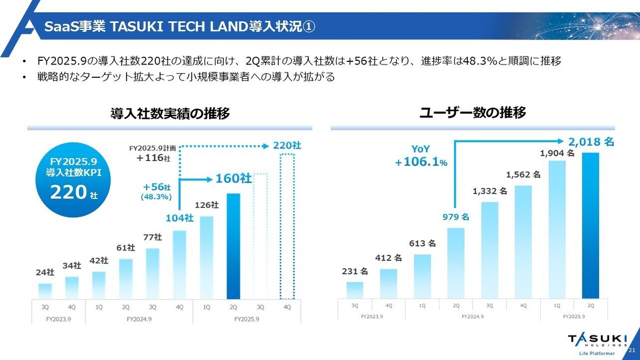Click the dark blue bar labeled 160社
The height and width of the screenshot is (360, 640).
click(x=233, y=246)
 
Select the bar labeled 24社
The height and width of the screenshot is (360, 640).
click(x=45, y=291)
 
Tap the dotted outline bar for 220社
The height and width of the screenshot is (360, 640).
click(x=287, y=227)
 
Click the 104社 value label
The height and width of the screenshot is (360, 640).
click(x=179, y=218)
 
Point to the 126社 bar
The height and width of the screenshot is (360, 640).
click(x=206, y=257)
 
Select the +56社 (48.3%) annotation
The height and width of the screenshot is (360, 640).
click(x=156, y=192)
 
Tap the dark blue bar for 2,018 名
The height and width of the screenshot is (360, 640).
click(x=590, y=225)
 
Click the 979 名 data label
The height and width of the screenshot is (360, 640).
click(x=457, y=217)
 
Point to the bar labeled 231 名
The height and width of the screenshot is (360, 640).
click(x=355, y=290)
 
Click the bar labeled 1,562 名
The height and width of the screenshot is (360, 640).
click(x=523, y=242)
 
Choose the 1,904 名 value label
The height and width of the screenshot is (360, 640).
click(x=557, y=153)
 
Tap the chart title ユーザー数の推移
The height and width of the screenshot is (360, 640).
click(x=473, y=113)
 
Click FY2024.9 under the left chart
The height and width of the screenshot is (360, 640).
click(x=140, y=319)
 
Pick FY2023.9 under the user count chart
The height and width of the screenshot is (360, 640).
click(x=371, y=316)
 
